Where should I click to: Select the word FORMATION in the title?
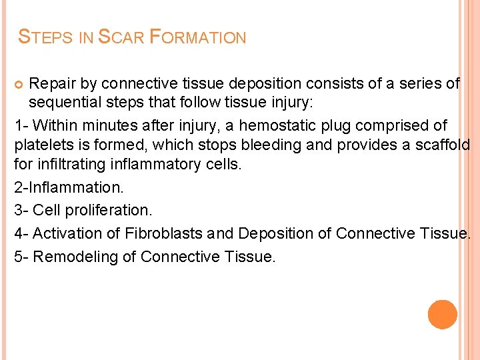[x=198, y=37]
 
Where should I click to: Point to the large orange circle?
[x=443, y=314]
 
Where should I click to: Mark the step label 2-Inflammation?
[x=69, y=187]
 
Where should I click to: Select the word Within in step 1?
[x=55, y=125]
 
